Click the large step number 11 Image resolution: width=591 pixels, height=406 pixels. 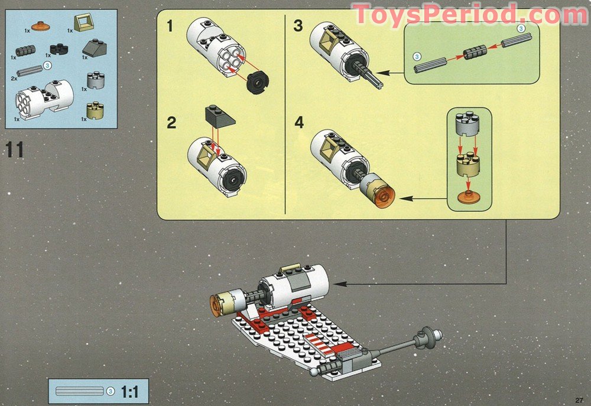click(x=15, y=150)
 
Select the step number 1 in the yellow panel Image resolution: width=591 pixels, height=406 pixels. click(x=171, y=26)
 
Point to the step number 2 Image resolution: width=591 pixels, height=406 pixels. click(x=171, y=123)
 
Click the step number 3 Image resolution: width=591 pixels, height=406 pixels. click(x=298, y=26)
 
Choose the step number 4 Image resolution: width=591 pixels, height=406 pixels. click(x=298, y=122)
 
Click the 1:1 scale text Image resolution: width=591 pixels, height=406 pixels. click(x=130, y=391)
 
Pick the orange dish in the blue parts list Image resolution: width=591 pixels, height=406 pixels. click(x=40, y=25)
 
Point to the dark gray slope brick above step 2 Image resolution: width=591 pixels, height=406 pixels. click(x=220, y=116)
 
